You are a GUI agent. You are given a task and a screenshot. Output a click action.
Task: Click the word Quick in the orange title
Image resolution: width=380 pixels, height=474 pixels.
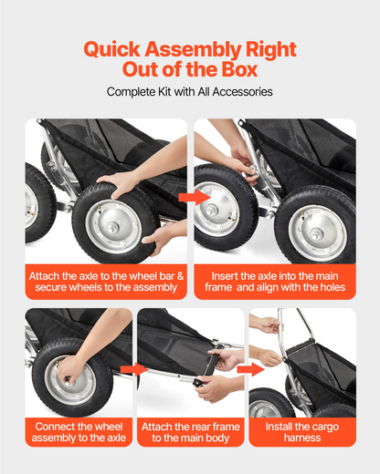pos(112,49)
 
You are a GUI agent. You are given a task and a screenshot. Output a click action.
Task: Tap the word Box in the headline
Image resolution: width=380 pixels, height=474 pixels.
pos(239,69)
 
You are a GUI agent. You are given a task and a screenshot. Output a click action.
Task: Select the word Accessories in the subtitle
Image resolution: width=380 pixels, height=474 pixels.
pos(242,92)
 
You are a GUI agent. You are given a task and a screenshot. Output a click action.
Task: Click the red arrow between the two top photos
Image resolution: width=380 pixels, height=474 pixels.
pos(194,197)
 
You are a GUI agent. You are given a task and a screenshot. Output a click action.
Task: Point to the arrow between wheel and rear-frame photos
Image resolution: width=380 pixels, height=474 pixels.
pos(134,369)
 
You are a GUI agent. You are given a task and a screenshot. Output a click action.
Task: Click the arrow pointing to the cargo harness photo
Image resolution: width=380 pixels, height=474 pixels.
pos(250,369)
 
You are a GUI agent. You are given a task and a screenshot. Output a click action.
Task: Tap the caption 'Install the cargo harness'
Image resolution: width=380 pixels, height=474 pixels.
pos(302,432)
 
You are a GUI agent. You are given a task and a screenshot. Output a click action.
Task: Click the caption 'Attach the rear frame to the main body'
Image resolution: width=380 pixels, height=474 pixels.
pos(191,432)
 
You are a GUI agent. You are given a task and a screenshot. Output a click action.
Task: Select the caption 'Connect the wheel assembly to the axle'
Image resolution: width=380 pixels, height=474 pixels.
pos(79,432)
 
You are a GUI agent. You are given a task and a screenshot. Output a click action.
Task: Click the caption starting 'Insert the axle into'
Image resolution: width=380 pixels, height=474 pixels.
pos(275,282)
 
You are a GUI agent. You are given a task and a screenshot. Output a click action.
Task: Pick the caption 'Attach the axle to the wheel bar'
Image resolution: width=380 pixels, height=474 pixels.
pos(106,282)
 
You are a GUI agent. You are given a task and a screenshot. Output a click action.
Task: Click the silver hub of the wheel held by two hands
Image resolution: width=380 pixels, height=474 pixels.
pos(113,226)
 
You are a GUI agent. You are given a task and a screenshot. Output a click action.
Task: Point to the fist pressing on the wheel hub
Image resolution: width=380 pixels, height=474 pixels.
pos(69,371)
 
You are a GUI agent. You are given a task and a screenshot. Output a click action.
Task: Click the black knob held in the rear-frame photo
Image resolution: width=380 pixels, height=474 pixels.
pos(198,383)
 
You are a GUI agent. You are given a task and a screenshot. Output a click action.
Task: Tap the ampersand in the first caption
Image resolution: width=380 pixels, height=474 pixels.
pos(180,276)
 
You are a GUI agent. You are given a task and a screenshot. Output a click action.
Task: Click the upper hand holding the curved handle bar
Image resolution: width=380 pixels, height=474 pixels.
pos(268,325)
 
